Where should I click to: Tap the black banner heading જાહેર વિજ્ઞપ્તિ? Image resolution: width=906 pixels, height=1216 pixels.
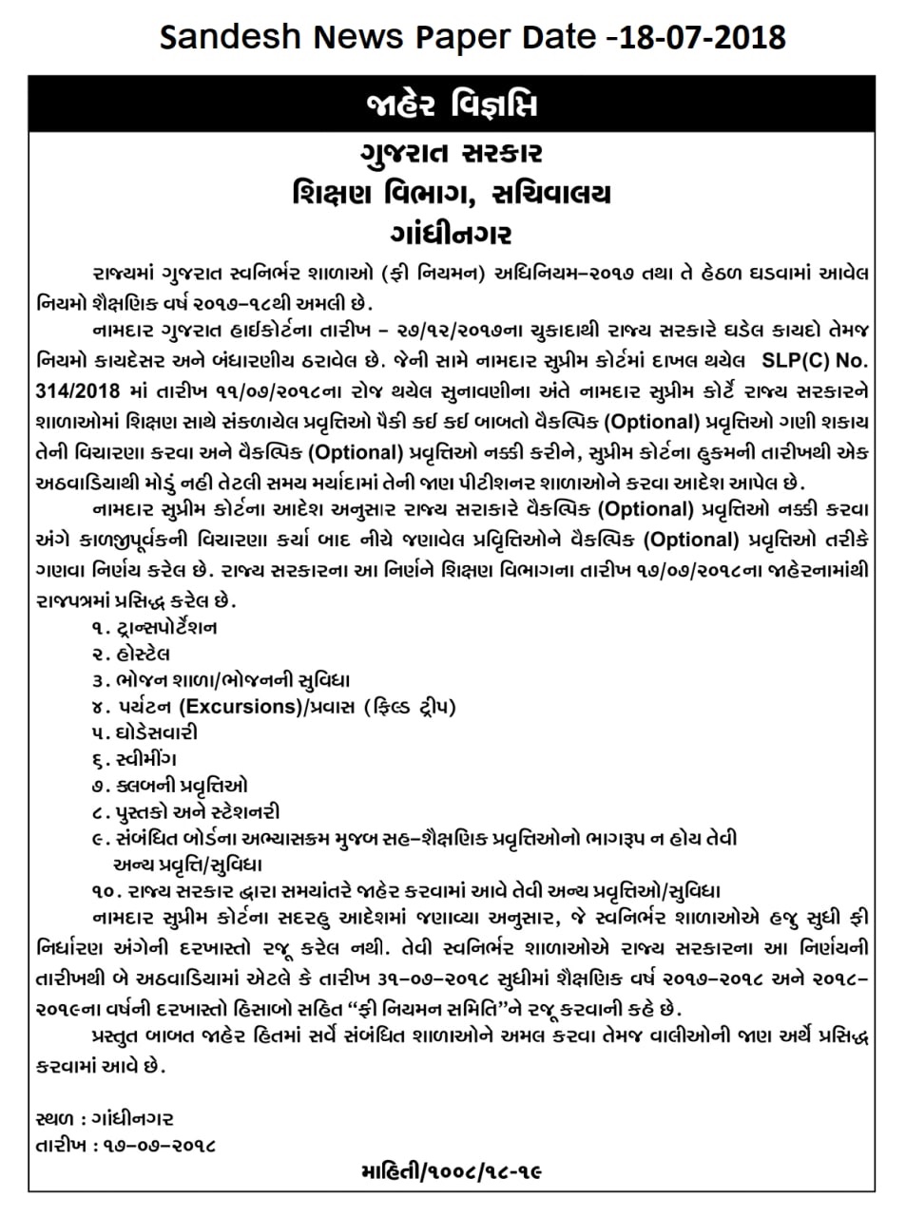click(452, 104)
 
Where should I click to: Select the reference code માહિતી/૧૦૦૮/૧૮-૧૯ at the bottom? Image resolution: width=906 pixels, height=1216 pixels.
click(452, 1171)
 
